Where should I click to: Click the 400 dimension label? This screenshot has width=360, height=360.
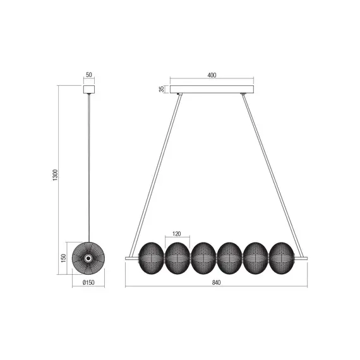coord(212,76)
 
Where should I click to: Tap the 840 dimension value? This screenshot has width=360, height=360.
coord(217,282)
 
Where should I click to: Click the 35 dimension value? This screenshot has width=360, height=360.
coord(162,89)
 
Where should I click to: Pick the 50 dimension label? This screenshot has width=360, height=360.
coord(88,76)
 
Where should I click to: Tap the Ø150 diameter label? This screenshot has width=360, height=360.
coord(88,282)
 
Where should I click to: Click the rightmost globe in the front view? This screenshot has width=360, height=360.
coord(280,257)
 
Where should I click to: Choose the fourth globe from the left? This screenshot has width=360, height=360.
coord(228,257)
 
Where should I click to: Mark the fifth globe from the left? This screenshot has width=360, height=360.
coord(255,257)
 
